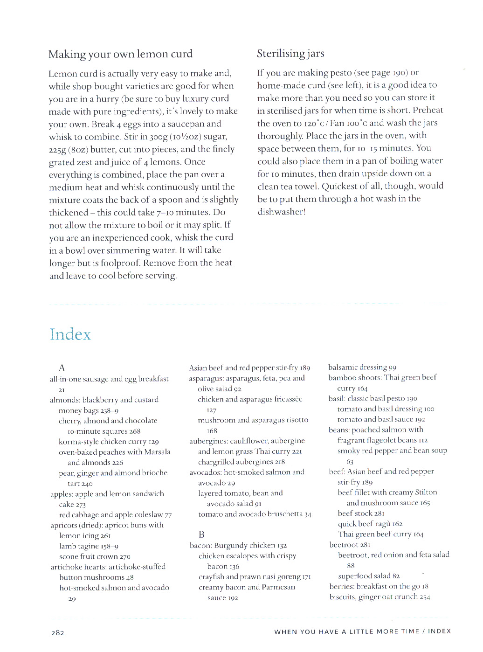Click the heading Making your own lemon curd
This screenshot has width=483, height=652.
(x=120, y=54)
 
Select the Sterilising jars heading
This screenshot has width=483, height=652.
(x=290, y=54)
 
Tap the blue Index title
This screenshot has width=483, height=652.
(x=70, y=334)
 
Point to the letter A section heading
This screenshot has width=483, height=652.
(x=62, y=368)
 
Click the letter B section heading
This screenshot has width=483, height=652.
(x=201, y=534)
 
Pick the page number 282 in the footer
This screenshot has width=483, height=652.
(x=58, y=633)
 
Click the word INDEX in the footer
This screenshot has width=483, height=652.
(x=439, y=631)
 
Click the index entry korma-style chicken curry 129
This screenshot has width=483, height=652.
(x=109, y=442)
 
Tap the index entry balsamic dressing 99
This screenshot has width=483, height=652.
(x=362, y=368)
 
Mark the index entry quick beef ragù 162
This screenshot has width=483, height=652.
(x=370, y=524)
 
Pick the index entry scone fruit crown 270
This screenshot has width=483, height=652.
(x=95, y=556)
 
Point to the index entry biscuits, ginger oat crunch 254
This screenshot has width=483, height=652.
(x=379, y=597)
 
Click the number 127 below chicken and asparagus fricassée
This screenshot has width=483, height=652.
(x=211, y=410)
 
